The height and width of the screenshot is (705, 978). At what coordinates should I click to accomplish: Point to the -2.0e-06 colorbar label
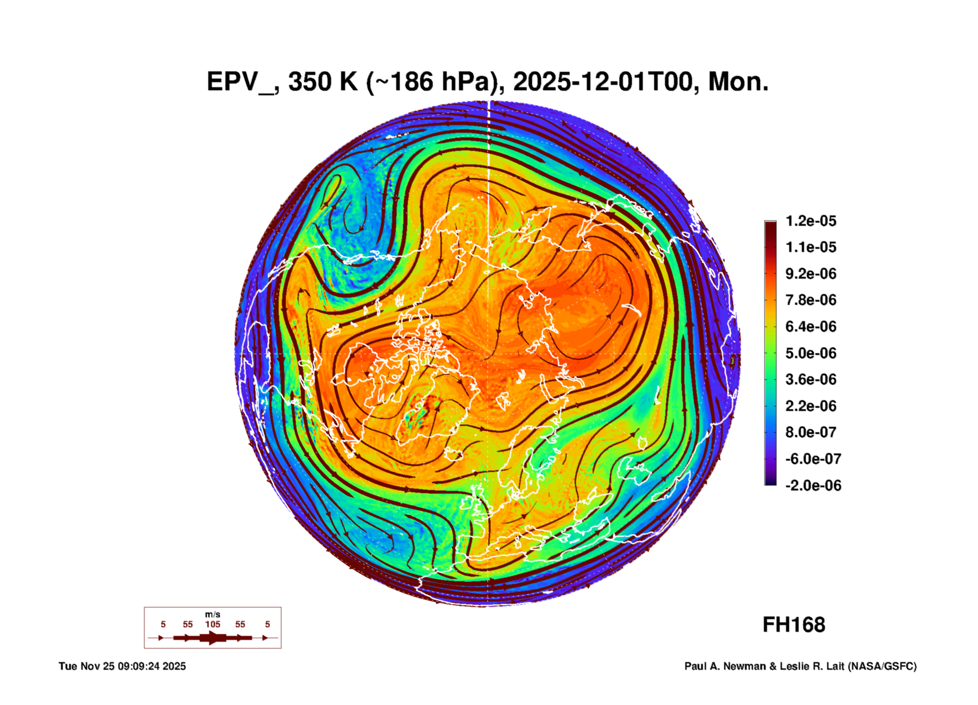coord(813,486)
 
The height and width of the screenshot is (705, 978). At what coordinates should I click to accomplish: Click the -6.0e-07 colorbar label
coord(813,459)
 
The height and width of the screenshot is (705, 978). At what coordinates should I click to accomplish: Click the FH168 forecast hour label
coord(794,625)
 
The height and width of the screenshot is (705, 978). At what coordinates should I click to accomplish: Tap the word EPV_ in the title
coord(240,82)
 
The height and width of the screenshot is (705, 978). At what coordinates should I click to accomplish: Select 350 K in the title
coord(323,82)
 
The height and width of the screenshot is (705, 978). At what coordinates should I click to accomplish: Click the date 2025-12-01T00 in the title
coord(603,82)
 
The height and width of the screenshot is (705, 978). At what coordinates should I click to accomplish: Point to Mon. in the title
coord(738,82)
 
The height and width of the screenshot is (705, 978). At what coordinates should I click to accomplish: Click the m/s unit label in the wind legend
coord(212,615)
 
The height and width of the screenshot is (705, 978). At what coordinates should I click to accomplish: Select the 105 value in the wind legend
coord(212,625)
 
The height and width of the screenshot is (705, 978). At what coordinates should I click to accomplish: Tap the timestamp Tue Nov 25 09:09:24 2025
coord(122,667)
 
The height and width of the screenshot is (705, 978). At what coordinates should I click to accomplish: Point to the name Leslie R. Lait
coord(812,667)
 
